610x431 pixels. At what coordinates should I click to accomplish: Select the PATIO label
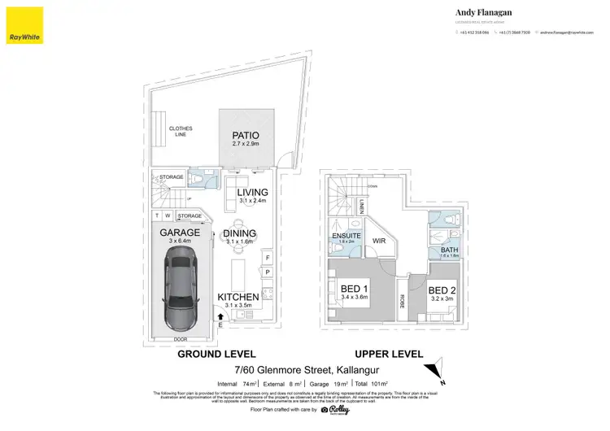pyautogui.click(x=245, y=135)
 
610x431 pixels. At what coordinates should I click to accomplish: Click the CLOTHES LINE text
pyautogui.click(x=180, y=131)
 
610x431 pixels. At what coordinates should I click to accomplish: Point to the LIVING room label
pyautogui.click(x=251, y=192)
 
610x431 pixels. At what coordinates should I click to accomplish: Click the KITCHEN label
pyautogui.click(x=238, y=297)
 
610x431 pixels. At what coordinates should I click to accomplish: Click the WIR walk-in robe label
pyautogui.click(x=378, y=241)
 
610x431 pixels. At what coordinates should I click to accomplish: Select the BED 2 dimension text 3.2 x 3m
pyautogui.click(x=442, y=299)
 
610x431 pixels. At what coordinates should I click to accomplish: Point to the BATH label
pyautogui.click(x=449, y=249)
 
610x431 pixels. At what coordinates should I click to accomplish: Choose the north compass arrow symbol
pyautogui.click(x=438, y=368)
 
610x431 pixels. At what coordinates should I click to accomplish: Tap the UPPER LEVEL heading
pyautogui.click(x=389, y=355)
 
